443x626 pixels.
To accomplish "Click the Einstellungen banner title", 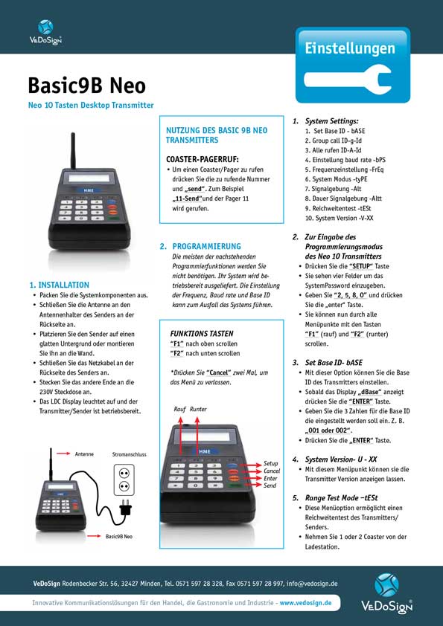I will tap(349, 48).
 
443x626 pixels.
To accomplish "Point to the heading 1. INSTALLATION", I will tap(59, 285).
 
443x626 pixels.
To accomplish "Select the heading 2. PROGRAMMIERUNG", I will tap(200, 246).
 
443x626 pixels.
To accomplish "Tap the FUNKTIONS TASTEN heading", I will tap(201, 335).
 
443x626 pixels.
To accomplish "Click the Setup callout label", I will tap(271, 463).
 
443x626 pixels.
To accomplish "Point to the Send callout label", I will tap(270, 485).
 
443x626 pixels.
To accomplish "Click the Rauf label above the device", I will tap(179, 409).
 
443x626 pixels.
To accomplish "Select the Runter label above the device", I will tap(198, 409).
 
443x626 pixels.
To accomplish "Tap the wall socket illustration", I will tap(124, 480).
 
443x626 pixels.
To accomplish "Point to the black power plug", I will tap(126, 510).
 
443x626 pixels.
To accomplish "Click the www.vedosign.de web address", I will tap(305, 603).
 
